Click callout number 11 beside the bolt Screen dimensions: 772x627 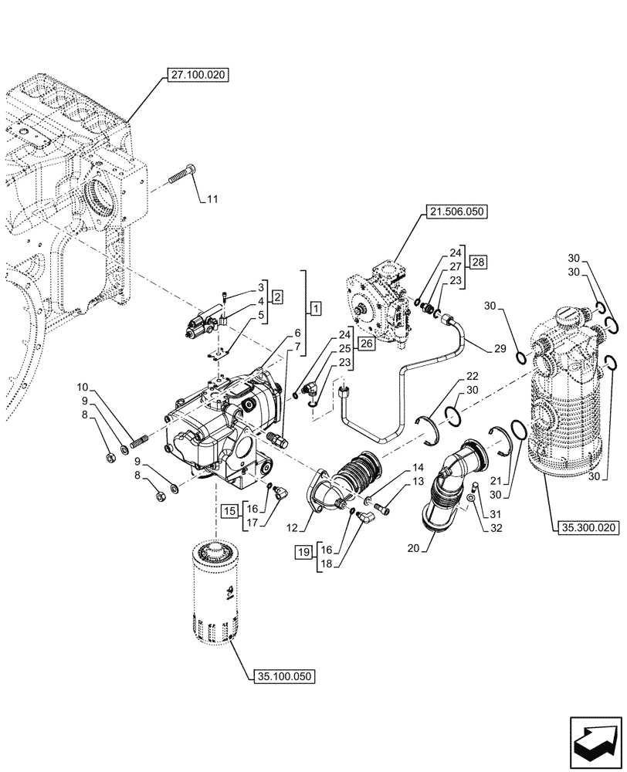click(x=212, y=199)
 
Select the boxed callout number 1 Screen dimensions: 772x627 click(x=315, y=309)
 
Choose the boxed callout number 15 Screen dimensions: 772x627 click(x=229, y=510)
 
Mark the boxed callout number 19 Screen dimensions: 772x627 click(x=303, y=551)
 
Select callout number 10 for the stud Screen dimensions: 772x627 click(x=83, y=385)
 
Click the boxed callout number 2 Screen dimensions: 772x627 click(x=276, y=296)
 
